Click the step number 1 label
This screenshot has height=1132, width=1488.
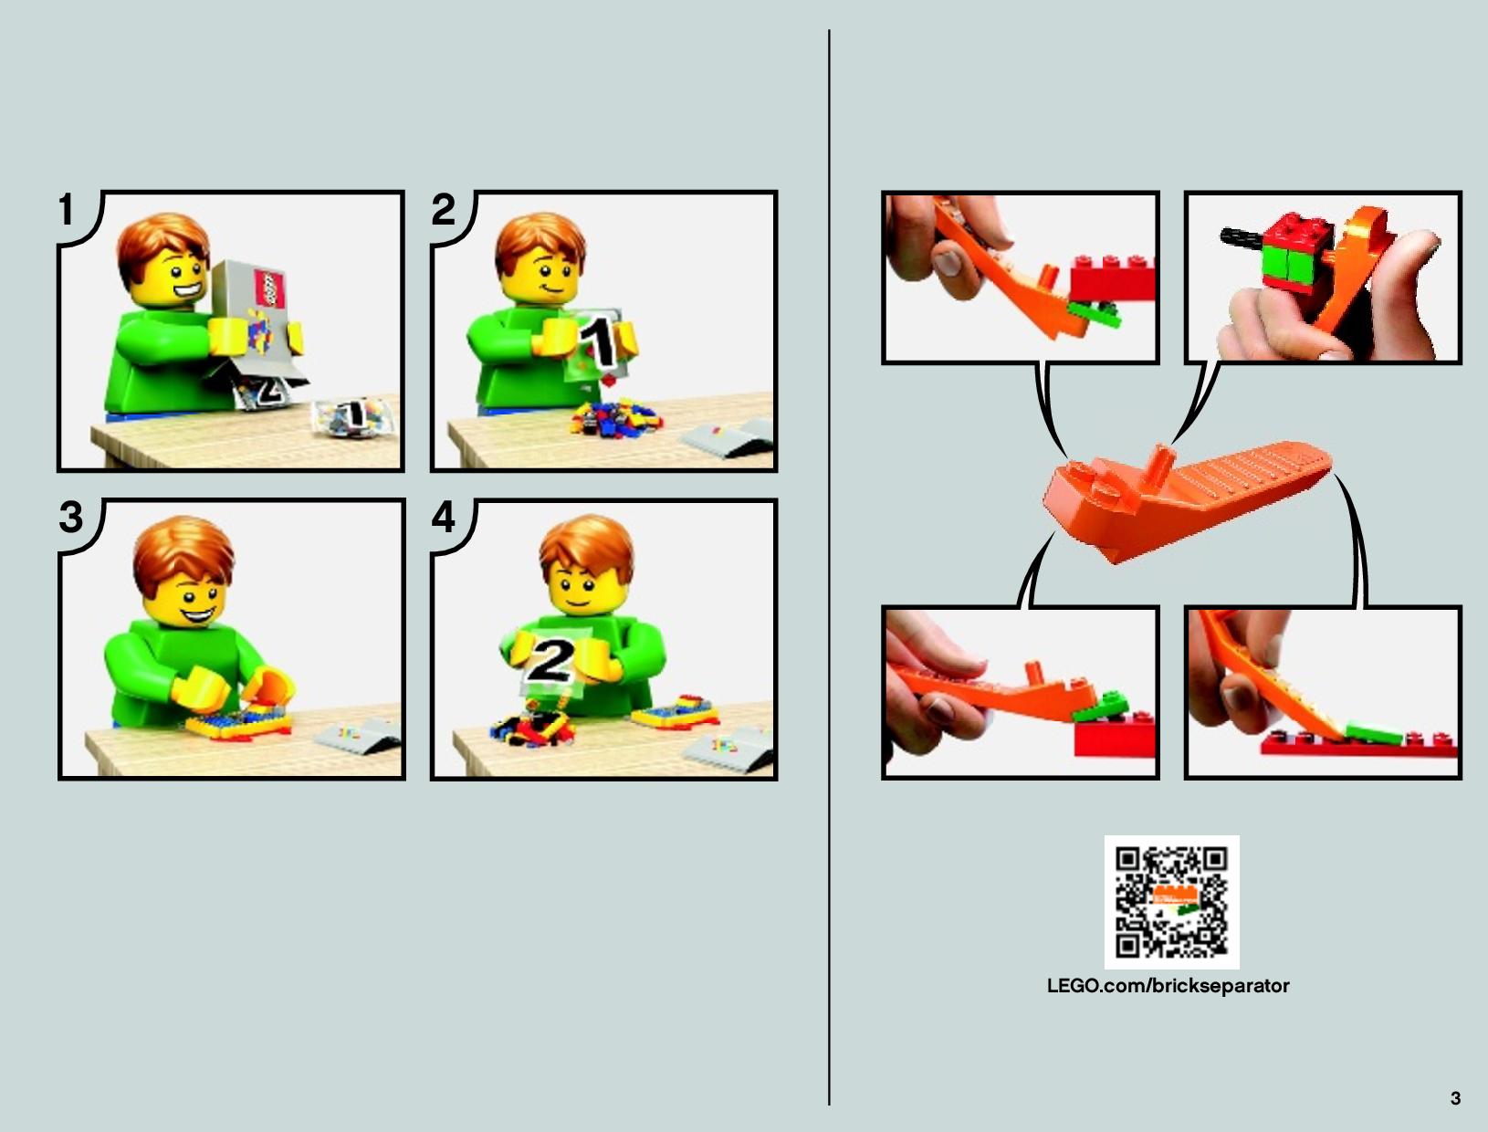pos(66,210)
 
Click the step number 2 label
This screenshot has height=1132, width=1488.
pos(444,210)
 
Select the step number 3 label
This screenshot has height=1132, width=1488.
pos(71,518)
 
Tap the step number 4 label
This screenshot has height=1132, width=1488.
pos(444,518)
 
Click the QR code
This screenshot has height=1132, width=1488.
pos(1171,902)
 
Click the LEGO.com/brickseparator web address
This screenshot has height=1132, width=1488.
pos(1168,986)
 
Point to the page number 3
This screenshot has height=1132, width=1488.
pos(1455,1098)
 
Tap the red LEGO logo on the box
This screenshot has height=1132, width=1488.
pos(269,289)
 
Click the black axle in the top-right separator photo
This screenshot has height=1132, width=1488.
pos(1242,236)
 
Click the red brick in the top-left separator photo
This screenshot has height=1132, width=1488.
pos(1113,278)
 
